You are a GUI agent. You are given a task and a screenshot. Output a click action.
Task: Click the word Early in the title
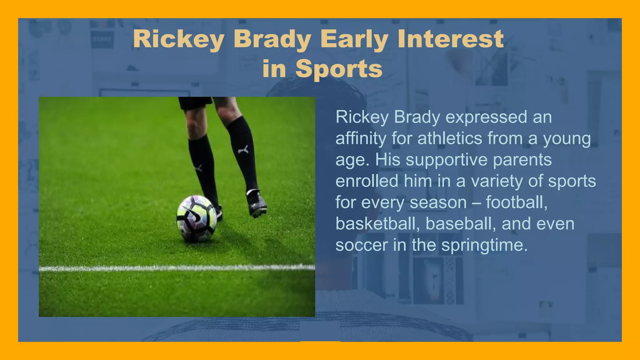click(354, 39)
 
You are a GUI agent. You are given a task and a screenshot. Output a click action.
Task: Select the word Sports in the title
click(339, 69)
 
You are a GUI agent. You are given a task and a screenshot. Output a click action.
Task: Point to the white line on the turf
click(177, 268)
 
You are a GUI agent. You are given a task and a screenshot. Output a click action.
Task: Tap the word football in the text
click(516, 202)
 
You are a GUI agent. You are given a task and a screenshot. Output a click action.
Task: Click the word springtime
click(484, 245)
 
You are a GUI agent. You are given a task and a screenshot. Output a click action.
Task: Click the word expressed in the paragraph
click(486, 117)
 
